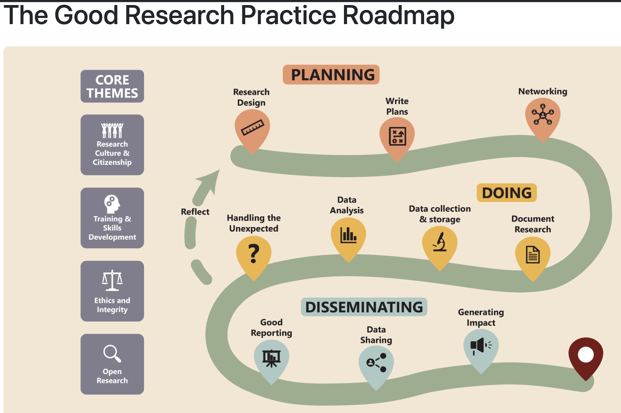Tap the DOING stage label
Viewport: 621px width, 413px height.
click(x=506, y=193)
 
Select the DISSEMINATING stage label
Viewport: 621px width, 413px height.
click(x=364, y=307)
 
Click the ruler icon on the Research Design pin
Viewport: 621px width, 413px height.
click(x=253, y=128)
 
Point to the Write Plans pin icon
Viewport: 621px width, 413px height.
click(x=397, y=136)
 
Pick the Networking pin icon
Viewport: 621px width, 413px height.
click(x=543, y=115)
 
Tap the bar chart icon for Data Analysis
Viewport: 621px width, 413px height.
click(x=348, y=235)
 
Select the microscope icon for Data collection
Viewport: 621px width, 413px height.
click(x=440, y=242)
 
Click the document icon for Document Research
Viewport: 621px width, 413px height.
click(x=533, y=254)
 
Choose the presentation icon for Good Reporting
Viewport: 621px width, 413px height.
click(x=271, y=358)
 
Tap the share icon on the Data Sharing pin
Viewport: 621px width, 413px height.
click(x=376, y=362)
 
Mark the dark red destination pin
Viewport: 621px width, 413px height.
click(x=586, y=355)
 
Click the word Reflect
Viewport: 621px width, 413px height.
click(x=195, y=212)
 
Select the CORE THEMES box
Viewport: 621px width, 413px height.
click(x=112, y=86)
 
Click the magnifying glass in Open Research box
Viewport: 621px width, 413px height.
click(x=112, y=353)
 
